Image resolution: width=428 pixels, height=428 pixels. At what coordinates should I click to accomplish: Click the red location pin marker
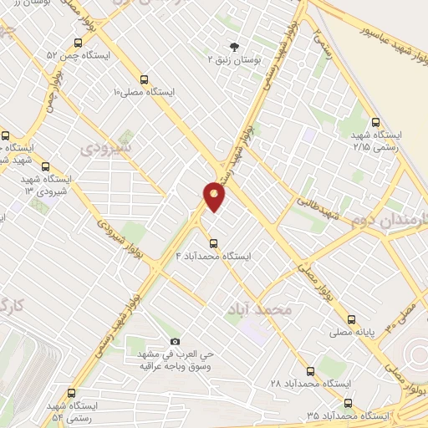click(x=214, y=196)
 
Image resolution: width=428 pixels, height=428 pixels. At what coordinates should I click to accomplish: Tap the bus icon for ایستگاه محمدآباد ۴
click(x=214, y=243)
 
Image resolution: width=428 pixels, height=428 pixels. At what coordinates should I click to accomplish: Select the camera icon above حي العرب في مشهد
click(x=174, y=341)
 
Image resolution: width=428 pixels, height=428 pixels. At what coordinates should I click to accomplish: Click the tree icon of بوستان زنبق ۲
click(x=233, y=47)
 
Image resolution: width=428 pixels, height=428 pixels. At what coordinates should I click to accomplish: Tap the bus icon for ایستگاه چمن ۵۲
click(x=78, y=43)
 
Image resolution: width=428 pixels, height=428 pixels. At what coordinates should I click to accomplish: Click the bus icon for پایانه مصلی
click(x=351, y=318)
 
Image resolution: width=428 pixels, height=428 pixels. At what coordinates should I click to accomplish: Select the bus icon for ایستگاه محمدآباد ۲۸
click(x=311, y=370)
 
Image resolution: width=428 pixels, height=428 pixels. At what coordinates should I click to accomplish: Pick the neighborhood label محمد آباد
click(x=260, y=310)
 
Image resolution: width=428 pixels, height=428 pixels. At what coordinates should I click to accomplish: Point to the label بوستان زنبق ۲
click(x=233, y=59)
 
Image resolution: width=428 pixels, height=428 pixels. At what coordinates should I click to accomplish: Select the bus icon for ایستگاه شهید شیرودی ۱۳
click(x=44, y=166)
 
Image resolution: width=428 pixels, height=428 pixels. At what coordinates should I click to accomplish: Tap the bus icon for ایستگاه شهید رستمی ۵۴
click(x=69, y=393)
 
